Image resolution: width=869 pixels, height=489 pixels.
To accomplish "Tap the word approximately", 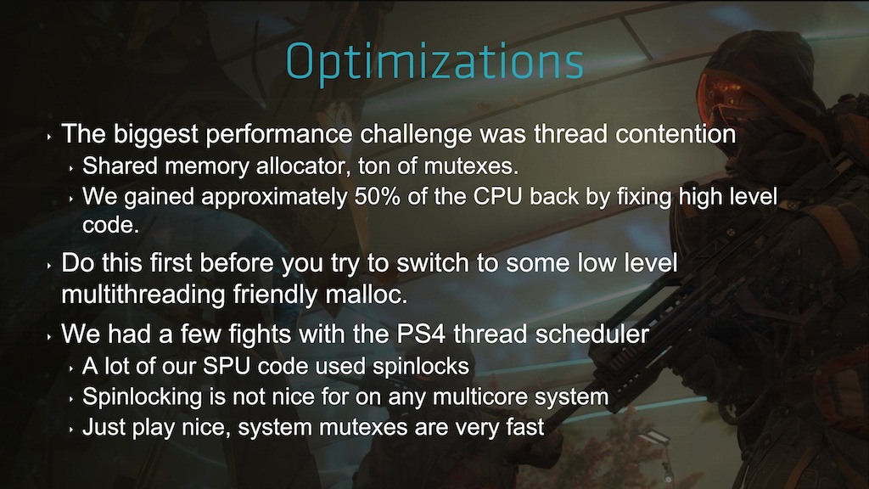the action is [x=274, y=198].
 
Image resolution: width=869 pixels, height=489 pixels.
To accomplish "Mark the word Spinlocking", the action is [x=143, y=397].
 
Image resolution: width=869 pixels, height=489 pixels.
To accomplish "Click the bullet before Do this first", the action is [x=49, y=266].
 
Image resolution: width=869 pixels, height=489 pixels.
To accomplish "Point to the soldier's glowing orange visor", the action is [x=724, y=92].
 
